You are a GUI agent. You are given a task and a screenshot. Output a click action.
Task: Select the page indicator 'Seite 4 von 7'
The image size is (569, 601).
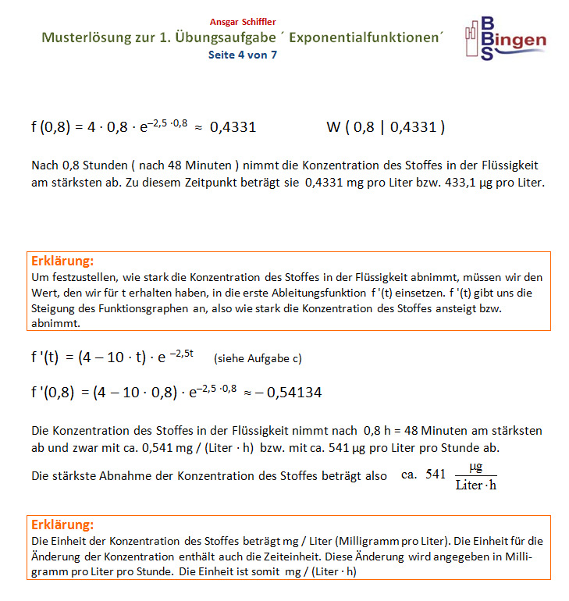point(242,55)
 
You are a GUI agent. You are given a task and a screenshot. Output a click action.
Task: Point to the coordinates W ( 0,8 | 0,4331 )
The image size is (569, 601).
point(385,127)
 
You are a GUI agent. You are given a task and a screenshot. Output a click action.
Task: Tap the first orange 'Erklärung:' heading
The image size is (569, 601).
point(62,261)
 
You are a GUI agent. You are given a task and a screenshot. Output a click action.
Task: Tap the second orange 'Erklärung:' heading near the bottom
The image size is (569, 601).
point(62,525)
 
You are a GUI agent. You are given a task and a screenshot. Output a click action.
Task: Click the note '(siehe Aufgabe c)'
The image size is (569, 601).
point(257,359)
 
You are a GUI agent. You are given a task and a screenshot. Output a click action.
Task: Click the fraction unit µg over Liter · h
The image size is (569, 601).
point(476,476)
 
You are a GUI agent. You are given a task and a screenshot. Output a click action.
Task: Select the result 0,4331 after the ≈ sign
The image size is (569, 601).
point(233,127)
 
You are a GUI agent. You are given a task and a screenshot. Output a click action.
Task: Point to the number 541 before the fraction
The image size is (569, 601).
point(436,475)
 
